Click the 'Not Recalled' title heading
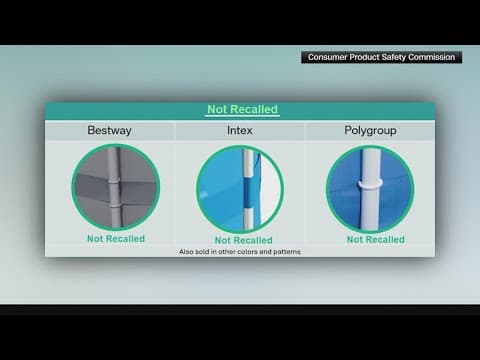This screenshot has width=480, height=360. pyautogui.click(x=242, y=109)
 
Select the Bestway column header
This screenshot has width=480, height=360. pyautogui.click(x=109, y=131)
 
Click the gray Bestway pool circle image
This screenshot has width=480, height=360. pyautogui.click(x=115, y=187)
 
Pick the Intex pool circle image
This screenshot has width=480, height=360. pyautogui.click(x=240, y=189)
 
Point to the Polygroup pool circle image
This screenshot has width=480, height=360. pyautogui.click(x=370, y=189)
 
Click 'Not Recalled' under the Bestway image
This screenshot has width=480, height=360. pyautogui.click(x=116, y=239)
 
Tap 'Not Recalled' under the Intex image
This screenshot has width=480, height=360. pyautogui.click(x=243, y=240)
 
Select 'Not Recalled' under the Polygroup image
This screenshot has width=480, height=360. pyautogui.click(x=376, y=240)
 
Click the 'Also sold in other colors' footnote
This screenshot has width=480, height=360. pyautogui.click(x=240, y=251)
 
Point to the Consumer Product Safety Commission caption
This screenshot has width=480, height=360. pyautogui.click(x=381, y=58)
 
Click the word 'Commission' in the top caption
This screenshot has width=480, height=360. pyautogui.click(x=432, y=58)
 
